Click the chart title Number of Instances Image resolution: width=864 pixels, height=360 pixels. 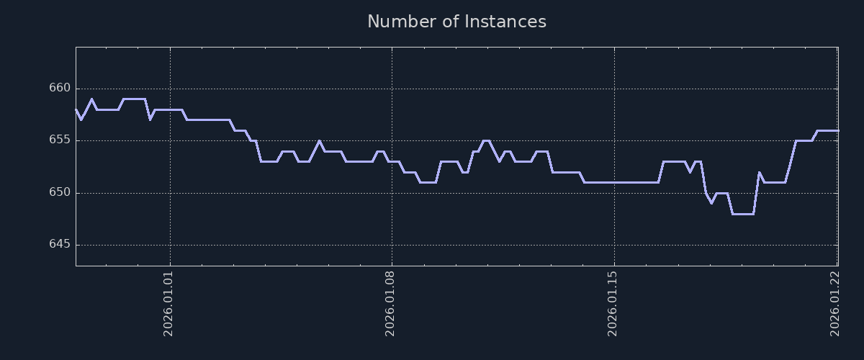[x=456, y=22]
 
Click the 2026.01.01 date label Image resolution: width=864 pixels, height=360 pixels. [x=169, y=303]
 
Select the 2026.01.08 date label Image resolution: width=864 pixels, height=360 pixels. [x=392, y=303]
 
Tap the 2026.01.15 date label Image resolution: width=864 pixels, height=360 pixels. [x=613, y=303]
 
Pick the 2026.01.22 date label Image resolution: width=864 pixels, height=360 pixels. [x=836, y=303]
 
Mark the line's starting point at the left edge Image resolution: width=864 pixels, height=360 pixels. [x=76, y=109]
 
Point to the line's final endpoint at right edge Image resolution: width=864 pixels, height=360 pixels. [x=837, y=130]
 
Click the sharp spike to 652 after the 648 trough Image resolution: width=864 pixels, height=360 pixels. [x=759, y=172]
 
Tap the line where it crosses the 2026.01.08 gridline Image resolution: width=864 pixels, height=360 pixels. [x=392, y=161]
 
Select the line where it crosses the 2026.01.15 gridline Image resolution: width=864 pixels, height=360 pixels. [x=613, y=182]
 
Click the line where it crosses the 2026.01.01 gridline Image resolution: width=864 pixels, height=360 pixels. [x=170, y=109]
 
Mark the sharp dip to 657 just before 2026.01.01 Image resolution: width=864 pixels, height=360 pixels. [x=150, y=120]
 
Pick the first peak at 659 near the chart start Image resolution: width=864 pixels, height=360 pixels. [x=91, y=99]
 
